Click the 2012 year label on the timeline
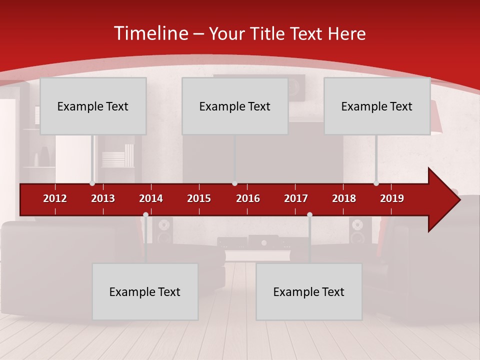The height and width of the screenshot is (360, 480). coord(55,198)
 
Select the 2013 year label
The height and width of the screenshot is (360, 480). coord(103,198)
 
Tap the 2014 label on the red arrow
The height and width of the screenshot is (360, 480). coord(151,198)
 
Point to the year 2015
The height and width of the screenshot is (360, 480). coord(199,198)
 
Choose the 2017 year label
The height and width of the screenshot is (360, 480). coord(296,198)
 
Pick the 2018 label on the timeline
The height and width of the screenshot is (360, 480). coord(344,198)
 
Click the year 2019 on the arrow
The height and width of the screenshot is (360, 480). coord(392,198)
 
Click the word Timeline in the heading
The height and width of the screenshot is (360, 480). coord(150,33)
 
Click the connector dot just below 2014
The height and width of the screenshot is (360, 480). coord(145,215)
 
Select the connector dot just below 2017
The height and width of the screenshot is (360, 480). coord(309,215)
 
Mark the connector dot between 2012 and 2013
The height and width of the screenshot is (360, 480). coord(92,183)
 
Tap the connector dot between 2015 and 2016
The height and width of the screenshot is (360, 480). coord(234,183)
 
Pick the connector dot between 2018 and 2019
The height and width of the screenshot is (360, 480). coord(376,183)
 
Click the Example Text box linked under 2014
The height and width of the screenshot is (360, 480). coord(145,291)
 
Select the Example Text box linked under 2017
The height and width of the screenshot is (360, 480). coord(309,291)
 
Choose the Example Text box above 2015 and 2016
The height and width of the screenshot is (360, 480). coord(235,106)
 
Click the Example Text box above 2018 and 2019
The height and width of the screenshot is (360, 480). coord(377,106)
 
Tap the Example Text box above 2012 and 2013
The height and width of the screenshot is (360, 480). coord(93,106)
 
